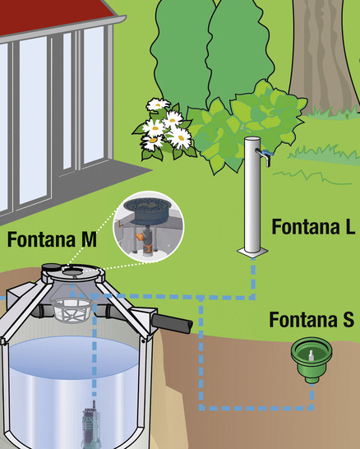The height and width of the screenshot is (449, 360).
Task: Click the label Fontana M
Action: pyautogui.click(x=52, y=239)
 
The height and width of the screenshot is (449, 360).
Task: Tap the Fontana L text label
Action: pyautogui.click(x=314, y=226)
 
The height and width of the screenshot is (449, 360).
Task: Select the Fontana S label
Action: pyautogui.click(x=312, y=320)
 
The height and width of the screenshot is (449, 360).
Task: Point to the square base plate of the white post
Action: pyautogui.click(x=252, y=252)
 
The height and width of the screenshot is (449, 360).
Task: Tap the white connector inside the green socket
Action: pyautogui.click(x=312, y=355)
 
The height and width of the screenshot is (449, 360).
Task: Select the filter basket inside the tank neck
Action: pyautogui.click(x=72, y=309)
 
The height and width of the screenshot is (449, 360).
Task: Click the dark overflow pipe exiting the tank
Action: pyautogui.click(x=172, y=323)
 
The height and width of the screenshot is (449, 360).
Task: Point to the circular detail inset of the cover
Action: pyautogui.click(x=149, y=227)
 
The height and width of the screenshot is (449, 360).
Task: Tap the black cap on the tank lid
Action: pyautogui.click(x=52, y=268)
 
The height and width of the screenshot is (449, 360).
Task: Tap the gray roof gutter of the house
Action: pyautogui.click(x=63, y=30)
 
